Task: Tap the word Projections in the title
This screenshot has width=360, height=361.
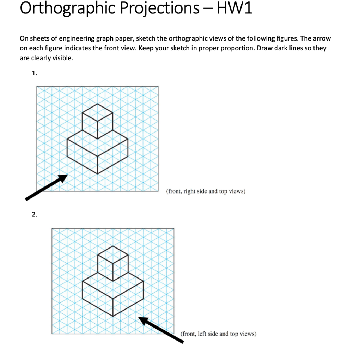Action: point(160,8)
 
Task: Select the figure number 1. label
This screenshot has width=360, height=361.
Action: point(34,73)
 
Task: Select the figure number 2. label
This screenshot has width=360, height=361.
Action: point(34,214)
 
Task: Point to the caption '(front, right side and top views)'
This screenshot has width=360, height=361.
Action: point(205,191)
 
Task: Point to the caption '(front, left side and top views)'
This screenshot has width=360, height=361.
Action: point(218,334)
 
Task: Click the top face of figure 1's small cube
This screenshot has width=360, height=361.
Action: point(97,112)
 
